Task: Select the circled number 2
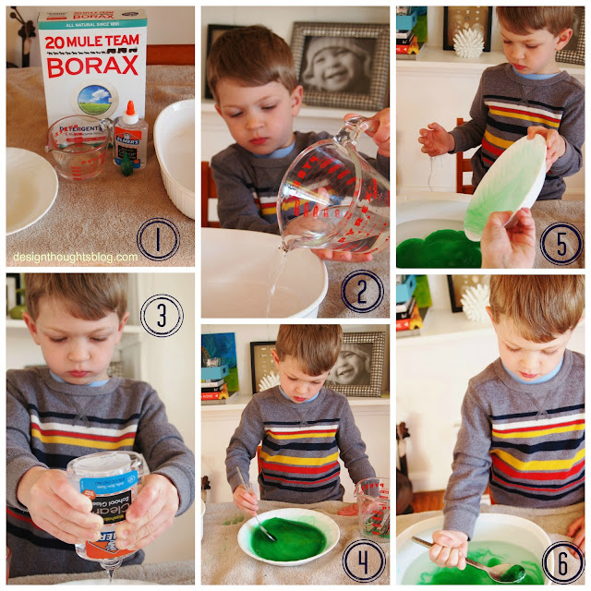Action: click(x=361, y=291)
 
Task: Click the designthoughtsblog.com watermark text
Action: click(x=75, y=257)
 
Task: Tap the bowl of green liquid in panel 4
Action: click(x=288, y=535)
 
